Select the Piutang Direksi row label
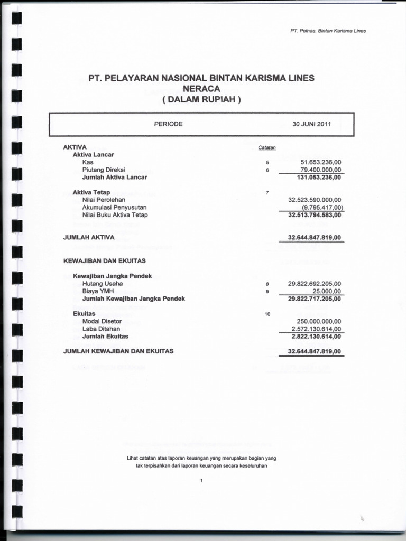pyautogui.click(x=103, y=170)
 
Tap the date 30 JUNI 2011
pyautogui.click(x=311, y=124)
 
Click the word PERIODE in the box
pyautogui.click(x=168, y=124)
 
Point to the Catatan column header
pyautogui.click(x=267, y=147)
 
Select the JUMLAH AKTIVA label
pyautogui.click(x=85, y=238)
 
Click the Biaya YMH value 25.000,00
pyautogui.click(x=327, y=291)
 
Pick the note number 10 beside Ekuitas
pyautogui.click(x=267, y=314)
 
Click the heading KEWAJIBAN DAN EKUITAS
pyautogui.click(x=104, y=260)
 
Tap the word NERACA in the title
pyautogui.click(x=201, y=88)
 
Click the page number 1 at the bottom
pyautogui.click(x=201, y=480)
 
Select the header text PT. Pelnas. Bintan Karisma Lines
pyautogui.click(x=328, y=30)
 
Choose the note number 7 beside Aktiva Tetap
pyautogui.click(x=267, y=193)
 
